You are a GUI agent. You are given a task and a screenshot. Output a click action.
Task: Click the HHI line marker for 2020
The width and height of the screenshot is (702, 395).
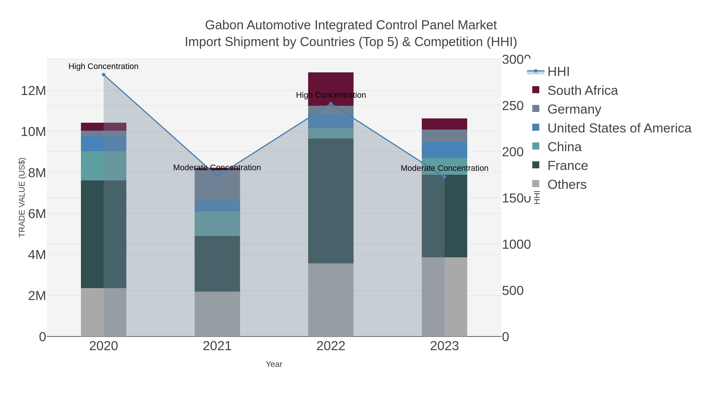click(x=104, y=75)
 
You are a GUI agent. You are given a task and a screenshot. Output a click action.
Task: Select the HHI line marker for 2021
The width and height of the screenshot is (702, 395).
click(x=217, y=176)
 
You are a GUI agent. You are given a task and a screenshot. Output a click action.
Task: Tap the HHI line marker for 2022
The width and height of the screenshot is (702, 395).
click(x=331, y=104)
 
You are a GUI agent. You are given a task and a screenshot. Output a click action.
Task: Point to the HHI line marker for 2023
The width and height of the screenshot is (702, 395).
click(x=444, y=177)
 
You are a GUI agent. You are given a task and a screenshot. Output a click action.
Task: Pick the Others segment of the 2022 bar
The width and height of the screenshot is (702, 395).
click(x=331, y=300)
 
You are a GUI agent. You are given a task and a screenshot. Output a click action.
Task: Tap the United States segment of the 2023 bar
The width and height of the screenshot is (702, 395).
click(x=444, y=150)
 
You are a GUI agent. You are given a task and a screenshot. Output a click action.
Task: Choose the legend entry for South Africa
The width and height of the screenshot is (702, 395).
click(x=582, y=91)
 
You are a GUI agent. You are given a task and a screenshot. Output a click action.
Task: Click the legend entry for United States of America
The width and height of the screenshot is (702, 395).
click(x=619, y=128)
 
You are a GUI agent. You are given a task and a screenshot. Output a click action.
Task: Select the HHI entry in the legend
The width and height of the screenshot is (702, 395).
click(x=558, y=72)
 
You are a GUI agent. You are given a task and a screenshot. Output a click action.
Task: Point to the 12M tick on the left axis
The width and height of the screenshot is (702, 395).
click(x=33, y=91)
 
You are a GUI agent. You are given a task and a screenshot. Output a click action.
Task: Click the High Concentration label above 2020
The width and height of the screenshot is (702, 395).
click(x=104, y=66)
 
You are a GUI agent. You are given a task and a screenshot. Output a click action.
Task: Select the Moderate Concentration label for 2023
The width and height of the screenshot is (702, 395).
click(x=444, y=168)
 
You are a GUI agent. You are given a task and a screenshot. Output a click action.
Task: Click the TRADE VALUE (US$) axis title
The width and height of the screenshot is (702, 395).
click(x=22, y=197)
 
